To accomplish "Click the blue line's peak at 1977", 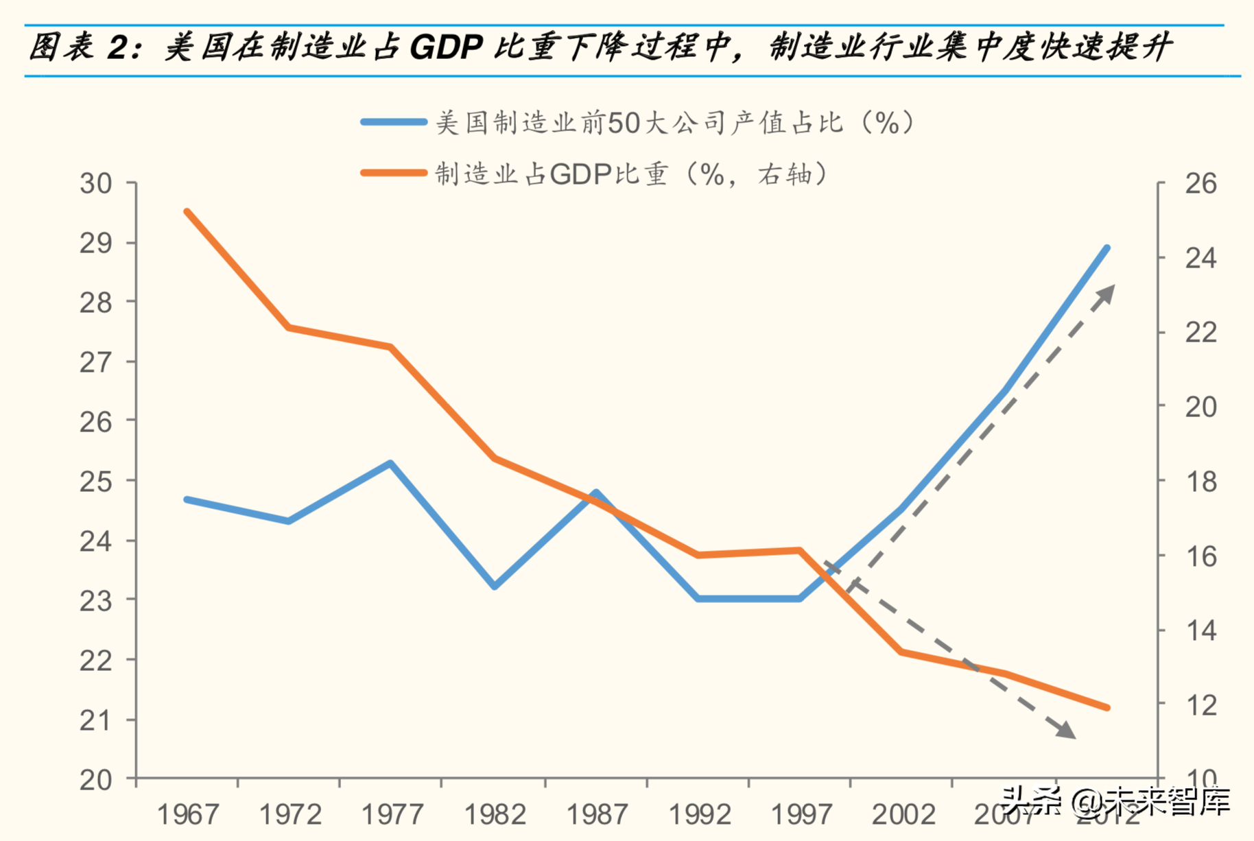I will point(390,463).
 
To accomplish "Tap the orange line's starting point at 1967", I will point(187,212).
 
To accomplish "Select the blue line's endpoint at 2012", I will point(1107,248).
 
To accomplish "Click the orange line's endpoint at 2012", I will point(1107,707).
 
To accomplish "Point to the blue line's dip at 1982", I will point(494,587).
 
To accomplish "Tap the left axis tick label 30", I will point(96,184).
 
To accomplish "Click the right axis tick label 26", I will point(1200,184).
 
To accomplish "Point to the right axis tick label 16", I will point(1200,556).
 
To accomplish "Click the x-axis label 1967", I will point(188,815).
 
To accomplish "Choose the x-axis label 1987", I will point(596,815).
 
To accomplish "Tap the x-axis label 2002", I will point(903,815).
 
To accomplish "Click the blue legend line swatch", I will point(394,122).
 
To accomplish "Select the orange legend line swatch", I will point(394,173).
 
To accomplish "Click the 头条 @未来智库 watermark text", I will point(1115,800).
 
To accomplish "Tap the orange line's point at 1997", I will point(799,550).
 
